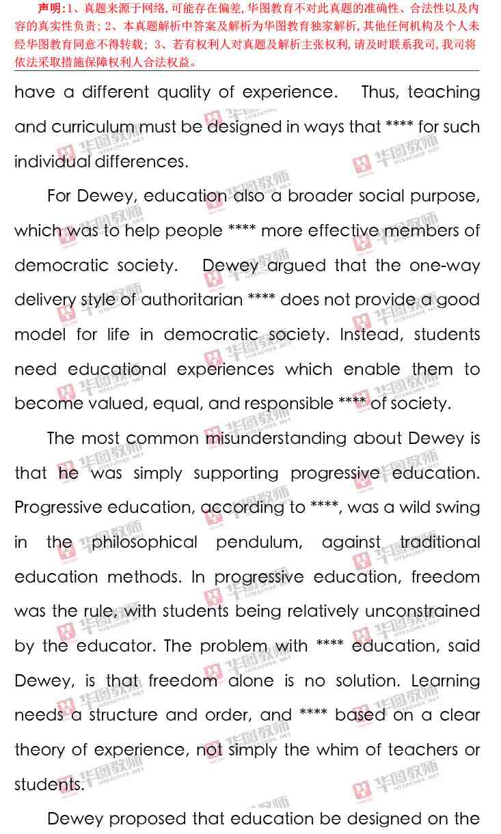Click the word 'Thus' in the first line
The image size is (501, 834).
[x=383, y=92]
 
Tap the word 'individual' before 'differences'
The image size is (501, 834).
[x=52, y=162]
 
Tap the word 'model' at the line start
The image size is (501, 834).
[x=40, y=335]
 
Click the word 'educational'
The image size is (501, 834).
[x=117, y=370]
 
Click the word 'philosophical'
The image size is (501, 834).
[x=144, y=542]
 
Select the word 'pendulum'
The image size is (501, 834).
[x=259, y=543]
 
